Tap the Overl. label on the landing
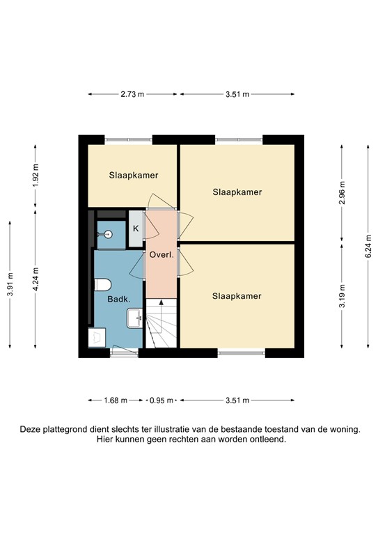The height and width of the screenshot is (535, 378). click(x=161, y=255)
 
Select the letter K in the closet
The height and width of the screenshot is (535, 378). click(x=136, y=229)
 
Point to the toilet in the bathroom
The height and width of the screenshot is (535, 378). click(x=102, y=284)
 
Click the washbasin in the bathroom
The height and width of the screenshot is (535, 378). click(x=135, y=319)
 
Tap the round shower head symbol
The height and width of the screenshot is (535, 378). click(x=108, y=235)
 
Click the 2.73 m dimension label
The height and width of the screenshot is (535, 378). click(x=132, y=94)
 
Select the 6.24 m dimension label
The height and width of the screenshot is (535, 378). click(x=368, y=245)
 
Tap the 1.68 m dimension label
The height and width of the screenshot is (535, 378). click(x=115, y=401)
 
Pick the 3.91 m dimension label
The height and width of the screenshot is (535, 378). click(x=10, y=284)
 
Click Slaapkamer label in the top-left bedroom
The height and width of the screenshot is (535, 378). click(x=132, y=176)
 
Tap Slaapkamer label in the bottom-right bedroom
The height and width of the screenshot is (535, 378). click(x=237, y=296)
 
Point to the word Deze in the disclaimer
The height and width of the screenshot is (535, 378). click(x=31, y=430)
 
